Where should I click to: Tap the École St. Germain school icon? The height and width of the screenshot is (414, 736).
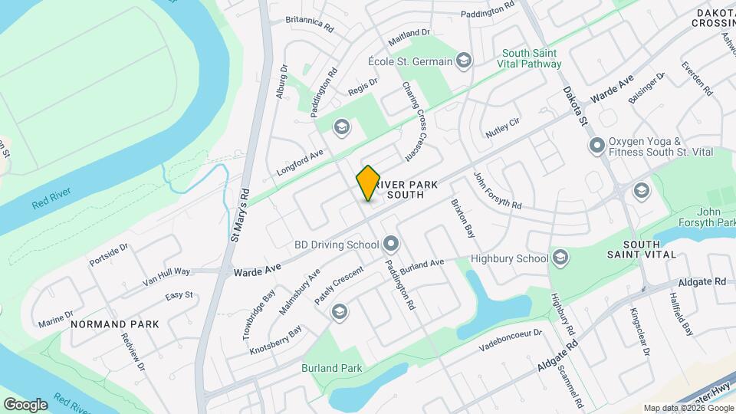[x=463, y=60]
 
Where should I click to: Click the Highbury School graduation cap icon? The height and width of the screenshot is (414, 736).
[x=560, y=258]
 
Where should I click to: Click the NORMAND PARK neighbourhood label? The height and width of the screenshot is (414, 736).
[x=115, y=324]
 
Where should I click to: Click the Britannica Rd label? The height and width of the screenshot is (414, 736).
[x=310, y=23]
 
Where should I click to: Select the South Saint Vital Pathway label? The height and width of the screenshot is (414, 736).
[x=534, y=60]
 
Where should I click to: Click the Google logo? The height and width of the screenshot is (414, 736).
[x=25, y=404]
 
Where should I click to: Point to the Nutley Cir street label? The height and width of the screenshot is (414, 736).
[x=503, y=127]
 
